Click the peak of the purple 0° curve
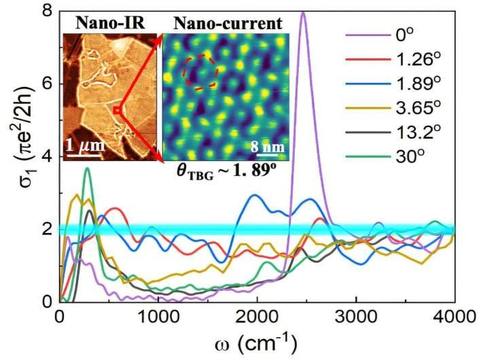click(x=303, y=12)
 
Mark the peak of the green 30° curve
click(x=86, y=168)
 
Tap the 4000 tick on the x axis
click(x=454, y=317)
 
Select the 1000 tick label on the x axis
click(x=158, y=317)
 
